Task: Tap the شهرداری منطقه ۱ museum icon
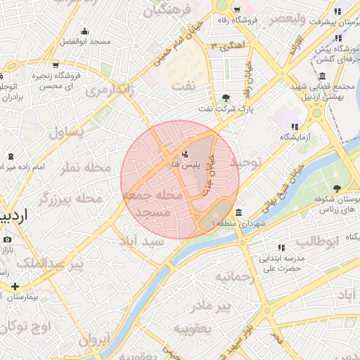point(239,212)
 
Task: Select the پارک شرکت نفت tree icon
point(225,98)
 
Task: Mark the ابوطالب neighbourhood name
point(317,241)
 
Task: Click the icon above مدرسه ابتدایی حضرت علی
point(282,247)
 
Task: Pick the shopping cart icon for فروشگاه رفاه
point(236,10)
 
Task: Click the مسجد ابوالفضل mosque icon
point(85,31)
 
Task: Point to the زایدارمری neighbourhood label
point(110,91)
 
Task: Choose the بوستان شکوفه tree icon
point(337,188)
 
